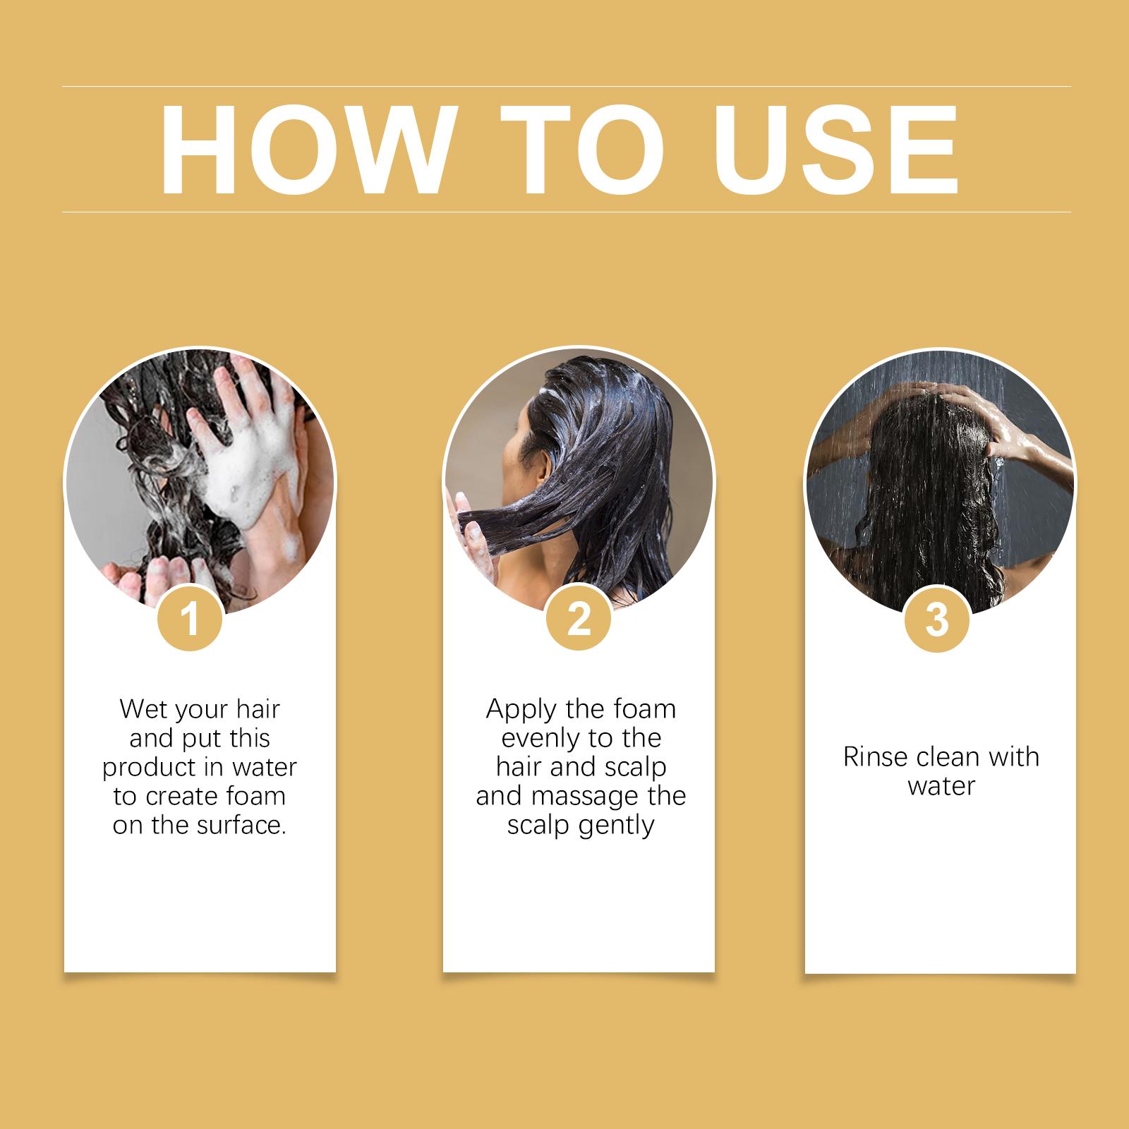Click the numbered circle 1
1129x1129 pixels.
click(x=190, y=619)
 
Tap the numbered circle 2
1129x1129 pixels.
click(x=579, y=619)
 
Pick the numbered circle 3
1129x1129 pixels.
click(x=937, y=619)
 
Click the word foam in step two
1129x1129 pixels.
click(x=645, y=710)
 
